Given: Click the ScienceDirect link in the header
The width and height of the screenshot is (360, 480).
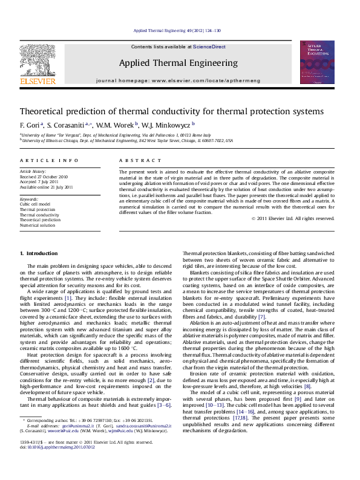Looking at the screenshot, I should [209, 47].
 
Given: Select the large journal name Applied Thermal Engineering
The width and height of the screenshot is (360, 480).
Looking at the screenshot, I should [178, 63].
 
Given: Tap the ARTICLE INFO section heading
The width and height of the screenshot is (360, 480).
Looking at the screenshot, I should [49, 160].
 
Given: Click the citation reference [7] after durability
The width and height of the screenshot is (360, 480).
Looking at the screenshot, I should [261, 317].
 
